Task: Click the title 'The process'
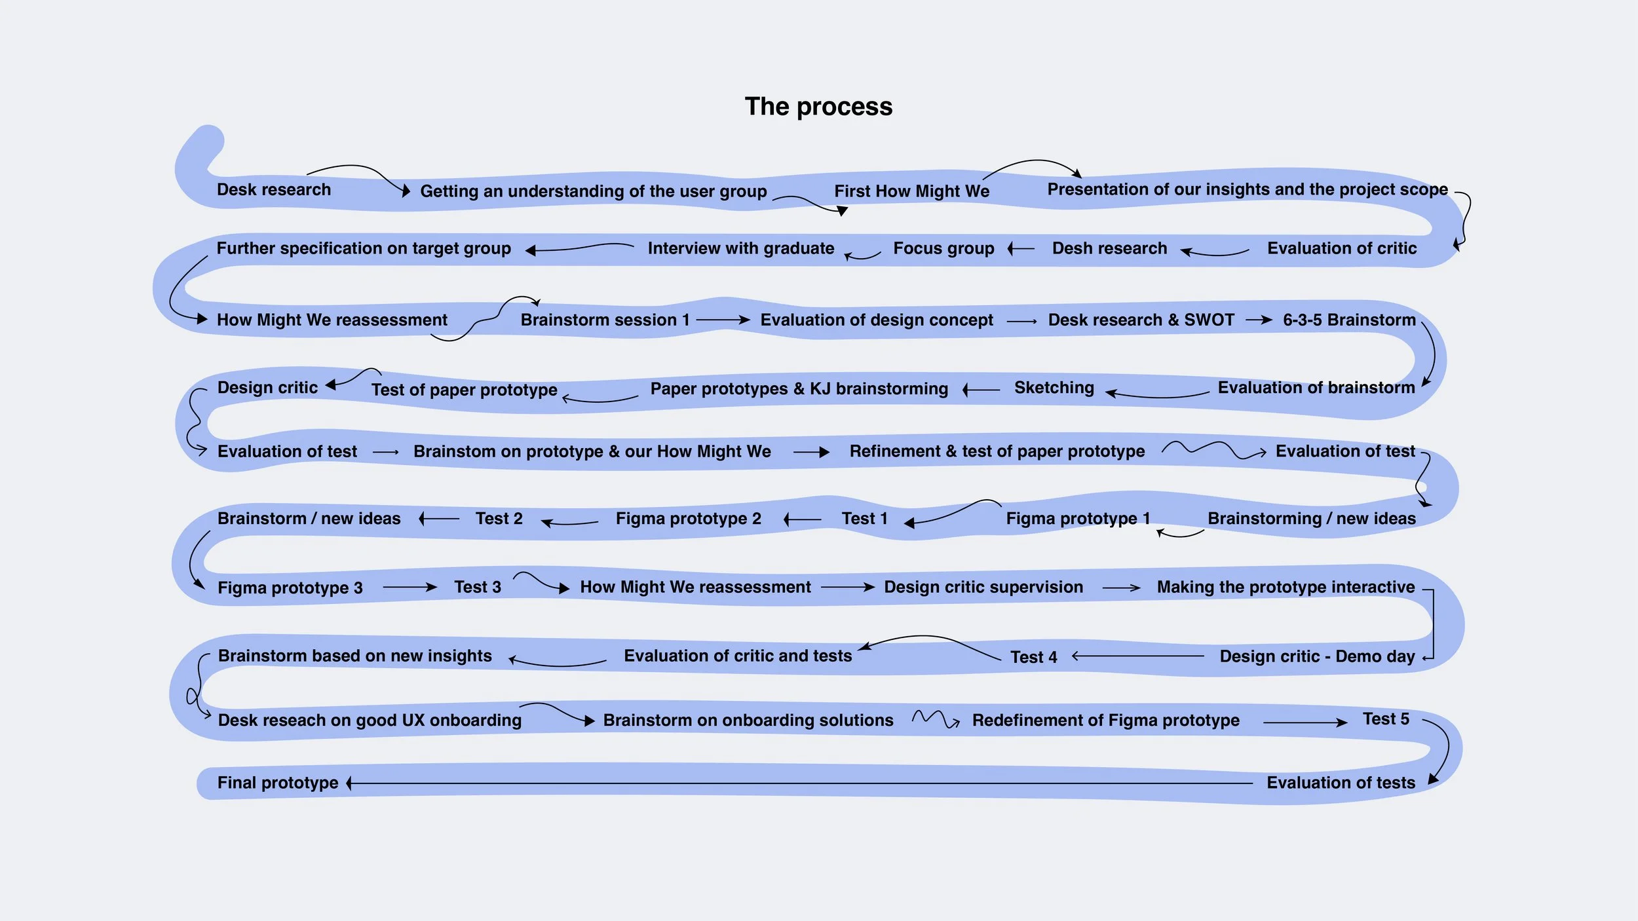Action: click(818, 107)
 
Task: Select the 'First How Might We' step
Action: click(911, 191)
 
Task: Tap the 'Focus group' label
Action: click(943, 248)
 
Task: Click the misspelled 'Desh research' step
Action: click(1109, 248)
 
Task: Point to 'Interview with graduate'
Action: click(740, 248)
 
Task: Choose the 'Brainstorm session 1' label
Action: click(605, 320)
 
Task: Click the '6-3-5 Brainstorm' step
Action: click(1349, 320)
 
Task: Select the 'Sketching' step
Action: click(1054, 388)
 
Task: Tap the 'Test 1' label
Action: click(864, 519)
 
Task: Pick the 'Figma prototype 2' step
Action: click(688, 519)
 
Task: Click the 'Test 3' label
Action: click(477, 587)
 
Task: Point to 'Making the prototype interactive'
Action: click(1286, 587)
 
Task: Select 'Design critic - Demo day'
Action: click(1317, 656)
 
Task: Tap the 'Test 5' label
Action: click(1386, 719)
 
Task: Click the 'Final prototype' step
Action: click(278, 783)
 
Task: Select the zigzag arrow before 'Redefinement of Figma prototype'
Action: click(936, 719)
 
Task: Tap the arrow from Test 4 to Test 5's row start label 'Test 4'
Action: click(1033, 657)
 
